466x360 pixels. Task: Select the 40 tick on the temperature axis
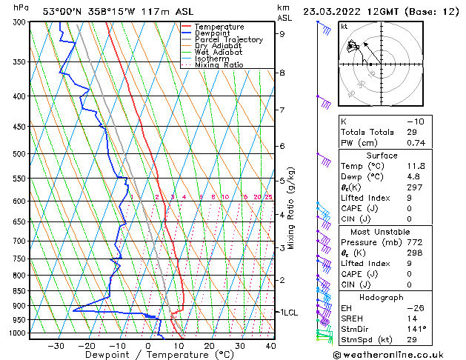pyautogui.click(x=270, y=345)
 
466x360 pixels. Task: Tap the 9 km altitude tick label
pyautogui.click(x=282, y=33)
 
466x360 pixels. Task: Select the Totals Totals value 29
pyautogui.click(x=410, y=132)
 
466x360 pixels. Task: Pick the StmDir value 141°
pyautogui.click(x=415, y=328)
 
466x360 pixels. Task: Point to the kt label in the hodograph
pyautogui.click(x=344, y=26)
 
